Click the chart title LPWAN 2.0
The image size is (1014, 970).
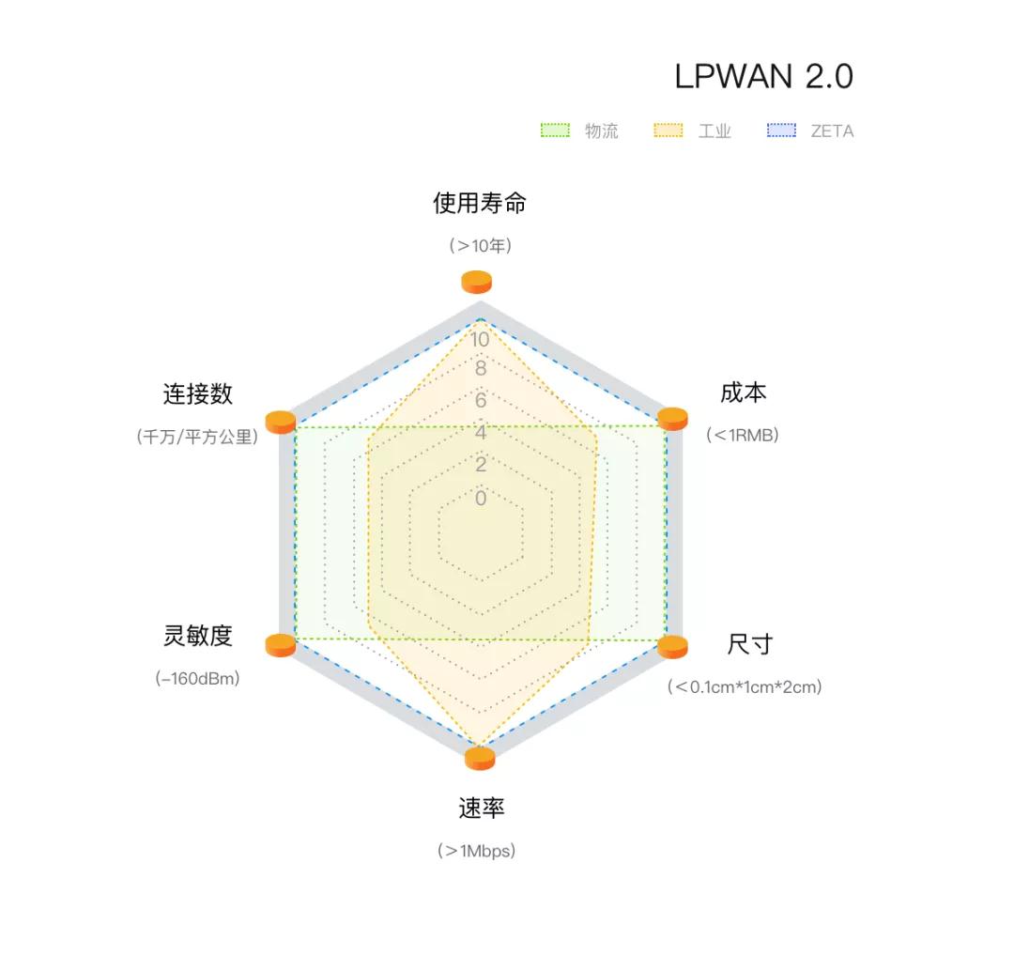[763, 76]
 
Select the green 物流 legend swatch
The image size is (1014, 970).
[555, 130]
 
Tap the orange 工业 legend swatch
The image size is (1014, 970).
[668, 130]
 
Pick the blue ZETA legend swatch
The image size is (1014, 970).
[781, 130]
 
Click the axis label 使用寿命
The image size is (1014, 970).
[479, 203]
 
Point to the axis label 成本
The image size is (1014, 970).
[744, 393]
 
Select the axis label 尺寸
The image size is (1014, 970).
[750, 644]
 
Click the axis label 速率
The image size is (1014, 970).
[481, 808]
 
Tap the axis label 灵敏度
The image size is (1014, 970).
[198, 636]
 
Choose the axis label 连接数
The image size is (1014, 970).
[198, 393]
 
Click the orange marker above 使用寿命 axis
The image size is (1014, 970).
[477, 282]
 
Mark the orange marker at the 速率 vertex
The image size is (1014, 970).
[480, 759]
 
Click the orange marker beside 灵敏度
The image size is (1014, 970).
[281, 645]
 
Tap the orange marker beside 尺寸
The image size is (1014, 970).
[672, 647]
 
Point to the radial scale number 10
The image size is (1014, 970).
[480, 340]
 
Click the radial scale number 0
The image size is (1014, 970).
[481, 498]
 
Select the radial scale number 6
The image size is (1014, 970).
[481, 400]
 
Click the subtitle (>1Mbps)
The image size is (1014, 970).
[477, 851]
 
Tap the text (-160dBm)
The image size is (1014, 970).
[197, 678]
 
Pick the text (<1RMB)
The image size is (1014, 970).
[743, 435]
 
